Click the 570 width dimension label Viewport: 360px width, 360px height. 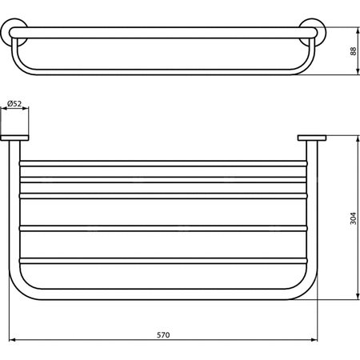pos(163,334)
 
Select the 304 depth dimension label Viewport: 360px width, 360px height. pos(353,218)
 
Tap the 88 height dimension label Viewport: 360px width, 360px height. pos(353,51)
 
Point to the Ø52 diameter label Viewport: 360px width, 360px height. pos(14,103)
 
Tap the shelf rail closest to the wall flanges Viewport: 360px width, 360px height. pos(163,163)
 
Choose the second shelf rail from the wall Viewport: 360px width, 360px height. pos(163,180)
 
